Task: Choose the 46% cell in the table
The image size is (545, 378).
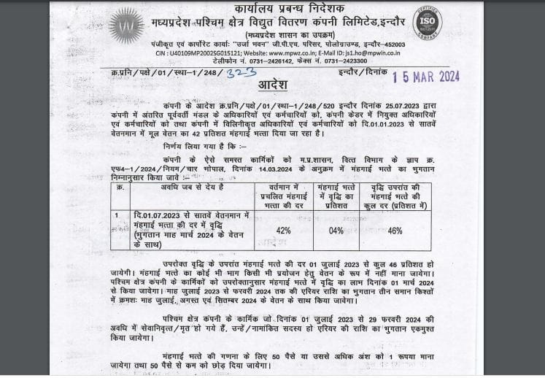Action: [x=394, y=231]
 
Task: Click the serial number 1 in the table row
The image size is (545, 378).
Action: [x=117, y=215]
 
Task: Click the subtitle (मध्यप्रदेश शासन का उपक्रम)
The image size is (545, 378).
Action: [x=273, y=34]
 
